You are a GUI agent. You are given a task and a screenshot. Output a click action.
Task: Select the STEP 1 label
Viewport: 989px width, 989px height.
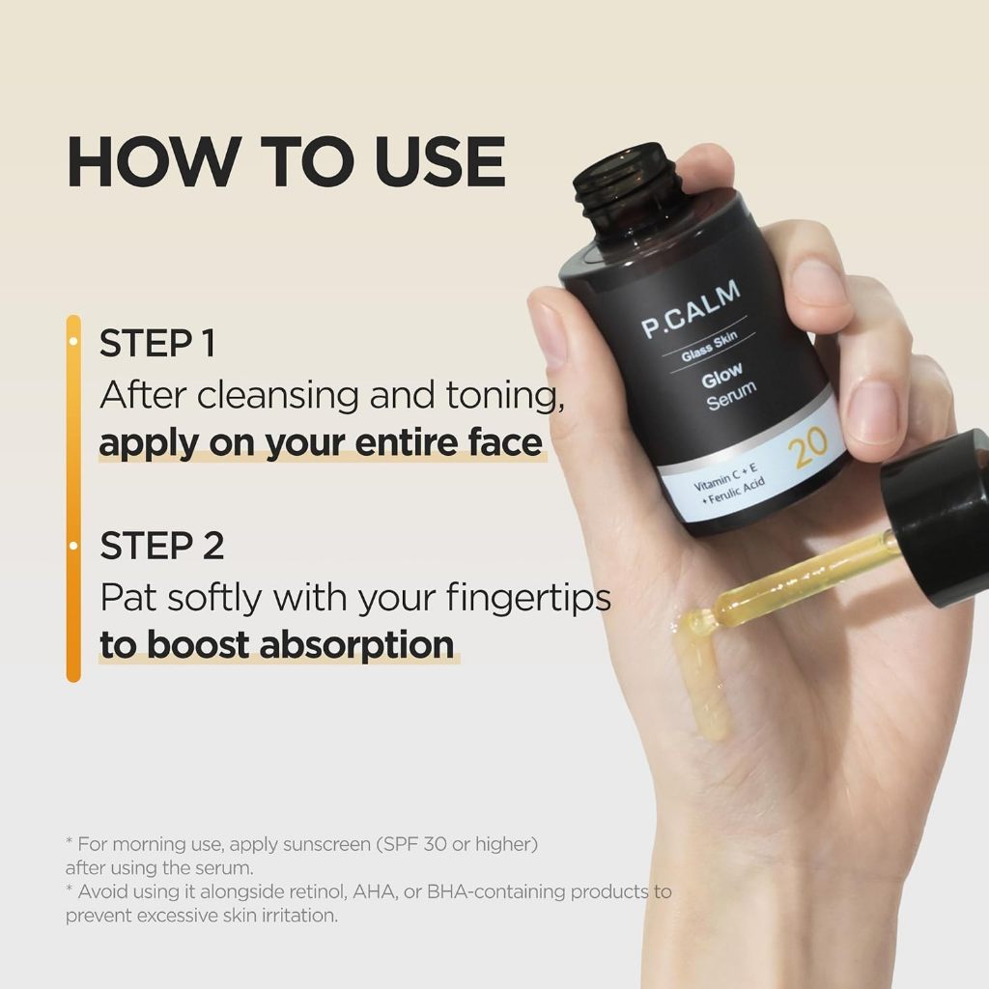(x=157, y=345)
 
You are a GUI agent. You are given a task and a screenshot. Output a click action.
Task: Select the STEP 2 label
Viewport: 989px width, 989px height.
(x=162, y=546)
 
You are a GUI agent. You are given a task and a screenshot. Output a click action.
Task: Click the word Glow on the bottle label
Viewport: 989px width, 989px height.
(x=722, y=373)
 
